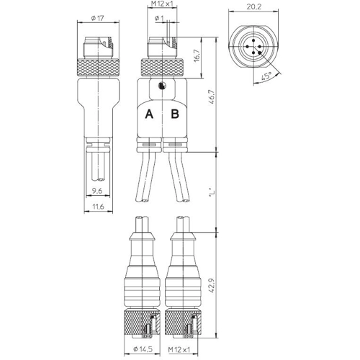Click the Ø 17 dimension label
coord(97,18)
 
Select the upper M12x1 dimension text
coord(162,4)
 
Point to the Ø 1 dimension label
coord(159,18)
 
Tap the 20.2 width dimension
coord(253,6)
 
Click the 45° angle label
coord(266,76)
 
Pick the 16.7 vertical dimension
coord(197,56)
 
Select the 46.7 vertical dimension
coord(212,96)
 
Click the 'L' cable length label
coord(212,192)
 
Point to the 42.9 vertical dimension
coord(212,285)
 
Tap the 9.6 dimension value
coord(97,191)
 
